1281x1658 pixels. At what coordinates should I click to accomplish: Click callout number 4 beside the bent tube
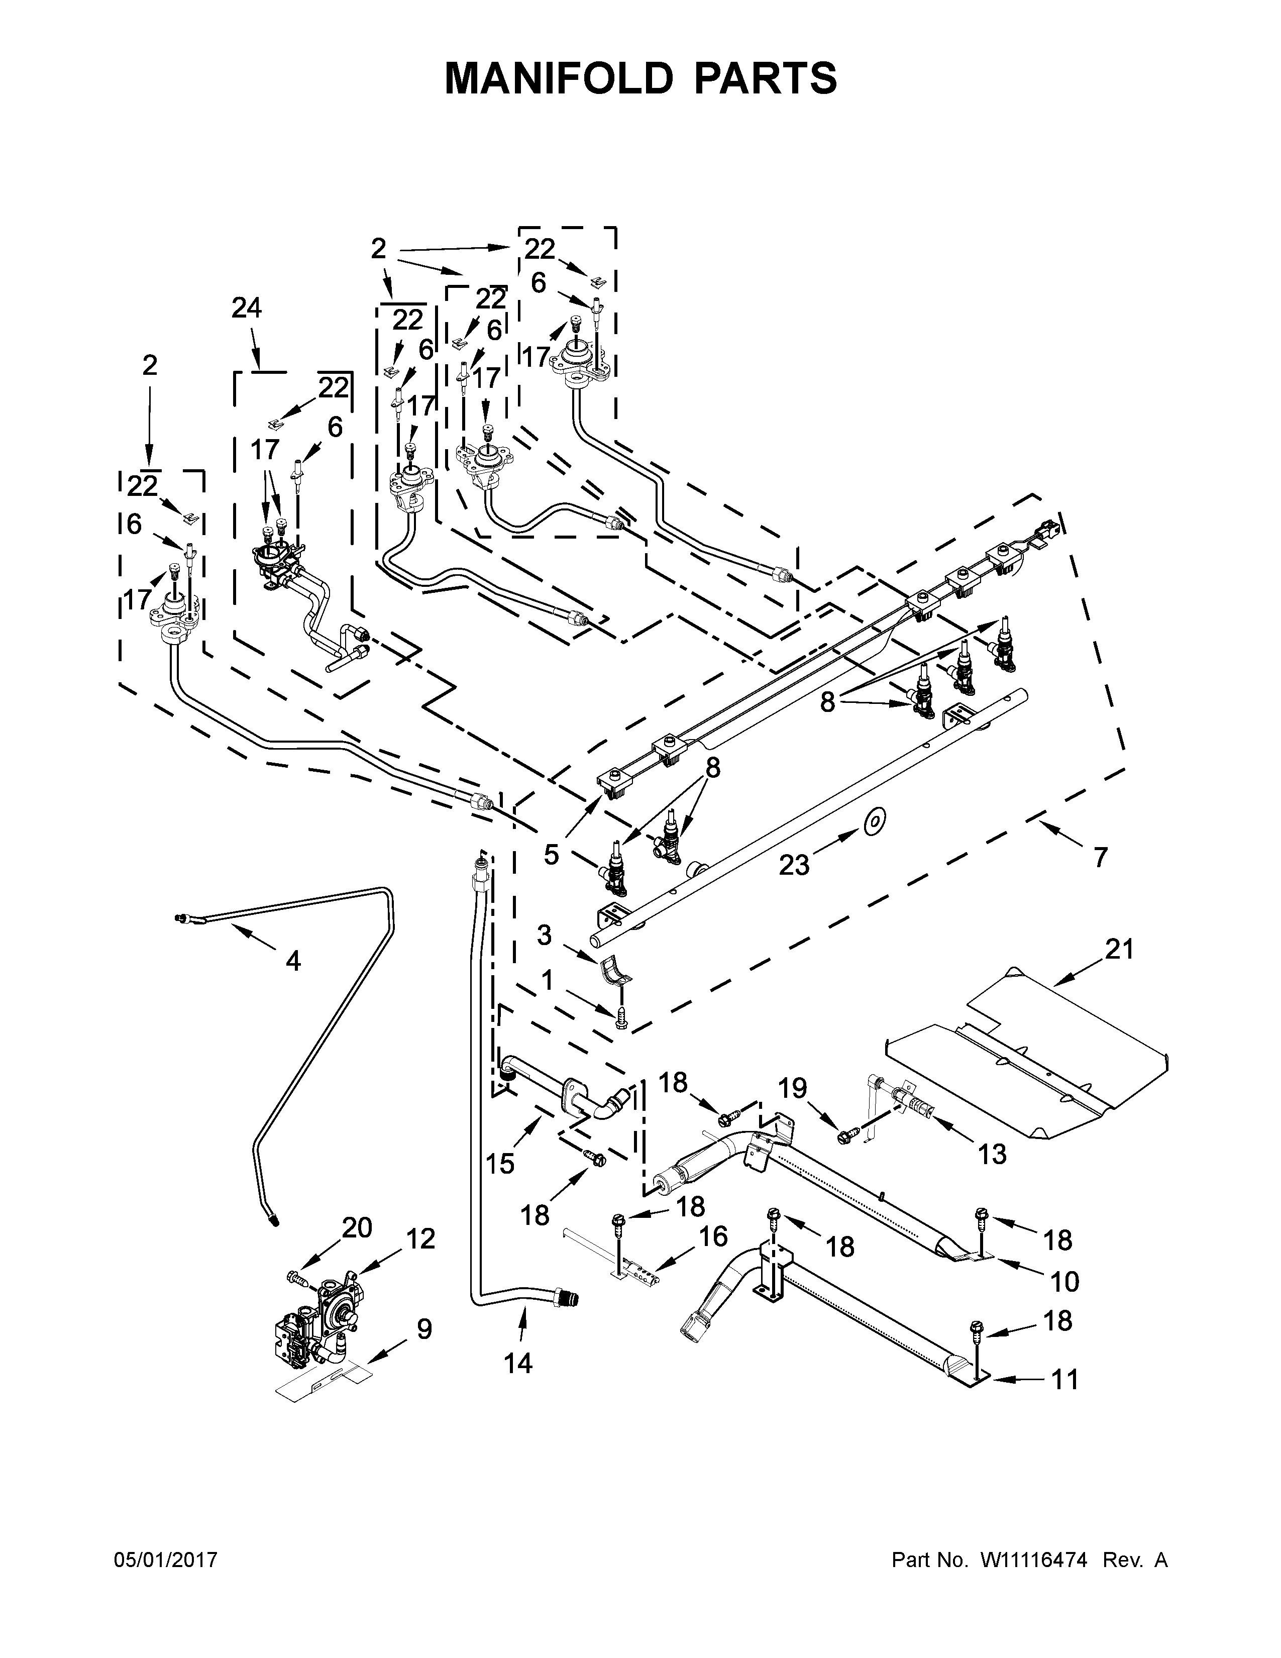293,961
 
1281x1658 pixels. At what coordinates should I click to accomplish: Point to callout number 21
1119,949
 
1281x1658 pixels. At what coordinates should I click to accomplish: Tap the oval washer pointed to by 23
876,820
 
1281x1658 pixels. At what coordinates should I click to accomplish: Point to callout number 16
713,1236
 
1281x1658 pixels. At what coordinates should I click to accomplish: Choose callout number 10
1064,1282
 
